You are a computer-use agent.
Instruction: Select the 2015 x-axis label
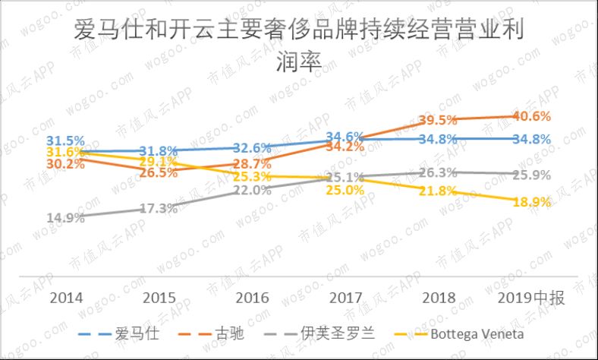[159, 298]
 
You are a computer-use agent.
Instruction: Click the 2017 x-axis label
[346, 298]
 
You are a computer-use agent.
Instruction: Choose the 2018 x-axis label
[438, 298]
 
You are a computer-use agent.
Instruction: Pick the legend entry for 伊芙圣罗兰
[345, 334]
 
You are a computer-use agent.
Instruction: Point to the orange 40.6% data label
[531, 116]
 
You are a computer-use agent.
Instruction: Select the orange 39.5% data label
[438, 120]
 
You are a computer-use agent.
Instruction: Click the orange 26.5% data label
[159, 173]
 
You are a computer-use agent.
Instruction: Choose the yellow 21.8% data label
[438, 191]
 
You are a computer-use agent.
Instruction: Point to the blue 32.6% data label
[252, 148]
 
